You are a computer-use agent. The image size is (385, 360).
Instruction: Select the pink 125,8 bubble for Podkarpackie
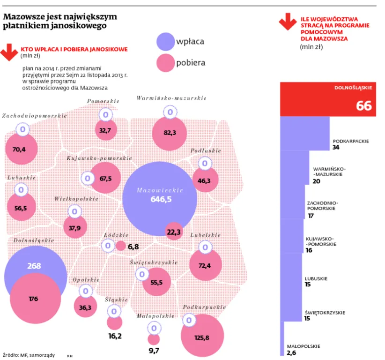[201, 335]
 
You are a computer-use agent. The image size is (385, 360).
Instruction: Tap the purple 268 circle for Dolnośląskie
[34, 266]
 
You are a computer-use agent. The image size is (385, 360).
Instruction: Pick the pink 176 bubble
[36, 299]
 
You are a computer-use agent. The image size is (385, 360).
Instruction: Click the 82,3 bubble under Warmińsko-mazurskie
[170, 133]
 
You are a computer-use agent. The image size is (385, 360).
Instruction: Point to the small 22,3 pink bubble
[174, 231]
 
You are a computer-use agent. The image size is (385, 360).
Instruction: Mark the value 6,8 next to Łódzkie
[133, 246]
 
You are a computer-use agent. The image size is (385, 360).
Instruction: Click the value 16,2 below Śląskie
[115, 336]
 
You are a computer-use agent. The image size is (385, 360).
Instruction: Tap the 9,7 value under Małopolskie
[154, 350]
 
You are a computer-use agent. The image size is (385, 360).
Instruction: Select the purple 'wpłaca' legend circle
[165, 41]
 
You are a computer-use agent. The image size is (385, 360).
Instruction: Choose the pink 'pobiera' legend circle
[165, 63]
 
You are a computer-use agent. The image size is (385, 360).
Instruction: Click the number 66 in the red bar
[363, 106]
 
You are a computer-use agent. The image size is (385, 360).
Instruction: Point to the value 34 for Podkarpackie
[336, 147]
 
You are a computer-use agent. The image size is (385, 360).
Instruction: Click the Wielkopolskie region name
[76, 199]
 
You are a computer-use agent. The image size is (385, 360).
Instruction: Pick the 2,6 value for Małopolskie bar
[292, 352]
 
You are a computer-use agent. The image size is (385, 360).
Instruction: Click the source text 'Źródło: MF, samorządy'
[29, 354]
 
